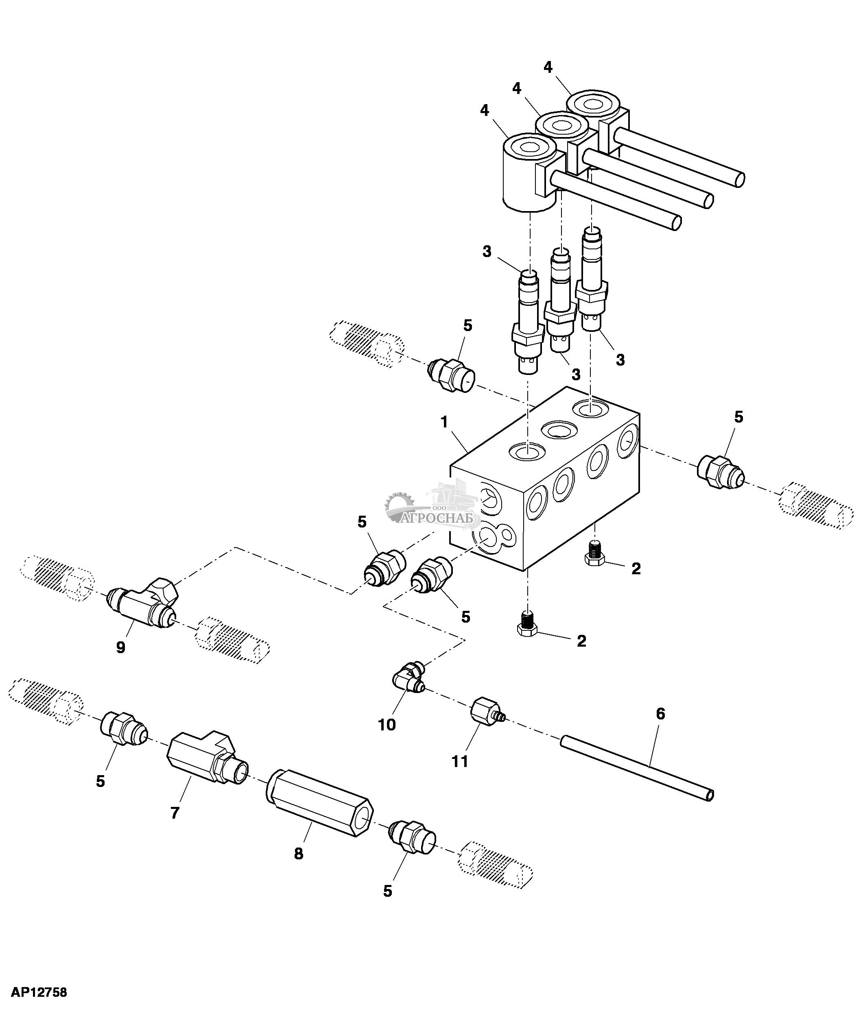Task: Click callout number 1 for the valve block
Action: [x=444, y=423]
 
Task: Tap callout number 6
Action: [x=660, y=714]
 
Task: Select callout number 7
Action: [x=175, y=812]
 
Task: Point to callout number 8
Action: [x=299, y=853]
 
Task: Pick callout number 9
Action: [x=120, y=647]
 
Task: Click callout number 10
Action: [x=387, y=725]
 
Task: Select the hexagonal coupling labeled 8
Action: [x=321, y=804]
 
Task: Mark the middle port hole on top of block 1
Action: [x=559, y=429]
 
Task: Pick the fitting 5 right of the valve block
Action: [x=719, y=472]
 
